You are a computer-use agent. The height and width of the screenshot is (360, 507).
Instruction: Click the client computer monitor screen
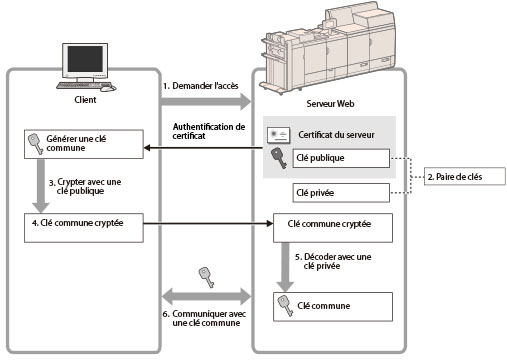click(x=85, y=59)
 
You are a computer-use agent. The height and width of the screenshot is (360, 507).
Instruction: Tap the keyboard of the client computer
click(x=81, y=85)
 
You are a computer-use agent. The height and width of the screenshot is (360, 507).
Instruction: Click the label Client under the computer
click(x=85, y=100)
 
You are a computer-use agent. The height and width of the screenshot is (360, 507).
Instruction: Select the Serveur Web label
click(x=330, y=103)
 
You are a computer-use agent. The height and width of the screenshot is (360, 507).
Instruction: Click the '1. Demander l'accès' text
click(x=201, y=86)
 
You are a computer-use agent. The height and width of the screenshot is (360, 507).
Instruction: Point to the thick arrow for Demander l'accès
click(x=206, y=101)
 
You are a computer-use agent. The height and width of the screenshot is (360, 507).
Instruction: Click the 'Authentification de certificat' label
click(x=209, y=131)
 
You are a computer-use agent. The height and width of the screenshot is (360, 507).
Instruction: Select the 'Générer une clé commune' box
click(x=84, y=144)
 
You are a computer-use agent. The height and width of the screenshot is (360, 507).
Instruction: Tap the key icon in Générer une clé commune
click(x=35, y=144)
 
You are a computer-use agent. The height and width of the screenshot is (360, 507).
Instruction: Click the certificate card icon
click(x=278, y=135)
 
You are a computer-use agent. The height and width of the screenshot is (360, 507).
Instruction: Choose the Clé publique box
click(x=341, y=158)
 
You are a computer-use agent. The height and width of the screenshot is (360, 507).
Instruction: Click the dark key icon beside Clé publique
click(x=279, y=158)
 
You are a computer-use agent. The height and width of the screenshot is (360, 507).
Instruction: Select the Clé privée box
click(x=341, y=193)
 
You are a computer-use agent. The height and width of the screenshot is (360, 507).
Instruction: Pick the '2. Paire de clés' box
click(x=465, y=177)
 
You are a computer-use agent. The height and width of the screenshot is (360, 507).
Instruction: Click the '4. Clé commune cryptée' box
click(x=84, y=228)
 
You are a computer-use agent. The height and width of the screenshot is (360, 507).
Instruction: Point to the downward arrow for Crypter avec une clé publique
click(x=41, y=186)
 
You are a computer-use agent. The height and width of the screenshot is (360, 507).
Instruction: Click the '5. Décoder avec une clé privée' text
click(x=333, y=261)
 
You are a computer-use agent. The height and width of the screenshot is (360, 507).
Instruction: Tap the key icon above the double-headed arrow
click(x=207, y=277)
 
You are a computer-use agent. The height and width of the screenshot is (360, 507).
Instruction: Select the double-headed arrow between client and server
click(x=207, y=296)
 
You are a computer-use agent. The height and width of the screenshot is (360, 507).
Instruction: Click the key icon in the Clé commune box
click(x=285, y=306)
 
